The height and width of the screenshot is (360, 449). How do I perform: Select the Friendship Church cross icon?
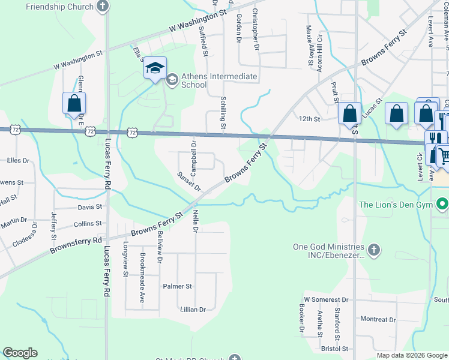point(103,7)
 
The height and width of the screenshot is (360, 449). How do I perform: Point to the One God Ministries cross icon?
point(373,250)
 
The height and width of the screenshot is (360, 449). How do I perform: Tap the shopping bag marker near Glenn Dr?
point(74,103)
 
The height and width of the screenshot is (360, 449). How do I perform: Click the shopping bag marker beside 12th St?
point(349,114)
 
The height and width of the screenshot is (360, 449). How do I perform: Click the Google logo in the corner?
point(20,352)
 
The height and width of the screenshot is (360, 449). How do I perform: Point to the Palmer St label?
point(177,286)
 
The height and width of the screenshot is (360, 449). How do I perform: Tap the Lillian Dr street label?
point(193,310)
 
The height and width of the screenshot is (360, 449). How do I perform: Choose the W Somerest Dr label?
point(326,299)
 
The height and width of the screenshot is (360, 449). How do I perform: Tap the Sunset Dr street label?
point(188,181)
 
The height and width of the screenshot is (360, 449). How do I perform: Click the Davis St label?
point(90,207)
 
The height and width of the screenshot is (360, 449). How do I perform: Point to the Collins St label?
point(88,224)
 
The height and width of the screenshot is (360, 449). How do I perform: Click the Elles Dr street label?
point(18,160)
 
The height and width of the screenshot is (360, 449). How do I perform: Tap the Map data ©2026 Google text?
point(411,355)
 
